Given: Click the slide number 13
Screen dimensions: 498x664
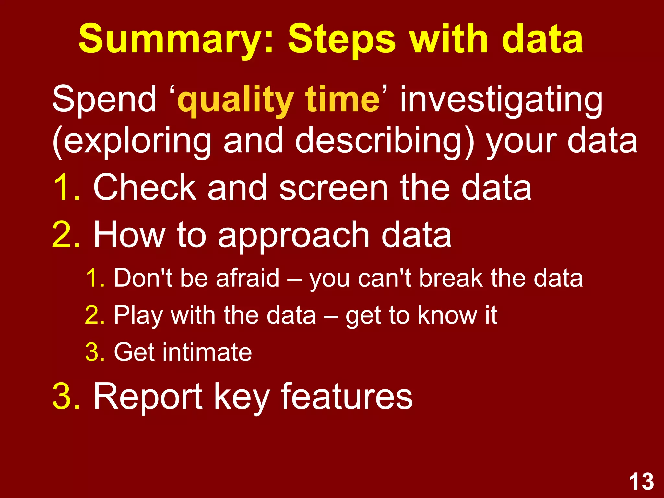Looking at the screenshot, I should point(641,481).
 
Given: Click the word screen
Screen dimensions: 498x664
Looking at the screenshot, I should point(334,188).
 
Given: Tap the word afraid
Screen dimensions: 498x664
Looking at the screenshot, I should point(247,278).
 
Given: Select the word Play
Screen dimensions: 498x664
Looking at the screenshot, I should point(138,315).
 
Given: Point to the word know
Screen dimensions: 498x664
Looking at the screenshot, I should point(447,315).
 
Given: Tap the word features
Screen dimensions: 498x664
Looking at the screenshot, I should point(347,396).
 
